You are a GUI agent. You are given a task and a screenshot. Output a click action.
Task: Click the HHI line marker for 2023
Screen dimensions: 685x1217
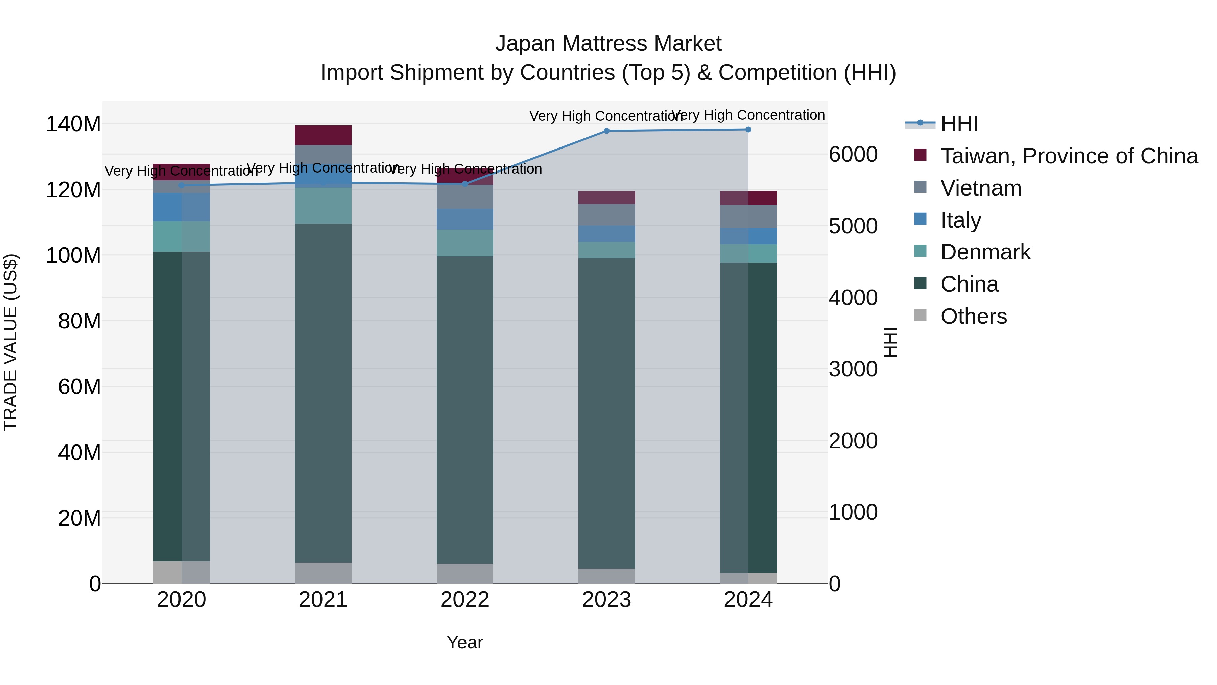tap(606, 131)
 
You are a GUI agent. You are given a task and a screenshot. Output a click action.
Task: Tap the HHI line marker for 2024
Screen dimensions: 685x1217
tap(748, 130)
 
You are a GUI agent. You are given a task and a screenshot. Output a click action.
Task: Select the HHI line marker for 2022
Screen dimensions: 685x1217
tap(465, 184)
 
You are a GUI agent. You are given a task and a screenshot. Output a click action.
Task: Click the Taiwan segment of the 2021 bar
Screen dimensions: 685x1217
tap(323, 135)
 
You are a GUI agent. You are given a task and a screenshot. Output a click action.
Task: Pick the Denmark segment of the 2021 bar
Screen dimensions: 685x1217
tap(323, 206)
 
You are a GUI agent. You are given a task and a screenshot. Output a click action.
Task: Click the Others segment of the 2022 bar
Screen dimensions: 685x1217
tap(465, 573)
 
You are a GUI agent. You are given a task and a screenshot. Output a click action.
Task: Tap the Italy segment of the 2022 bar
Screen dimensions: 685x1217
tap(465, 219)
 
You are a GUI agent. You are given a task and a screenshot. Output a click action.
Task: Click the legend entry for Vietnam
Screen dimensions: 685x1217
tap(980, 188)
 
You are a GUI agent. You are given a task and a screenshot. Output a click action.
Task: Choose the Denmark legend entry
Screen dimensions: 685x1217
tap(985, 252)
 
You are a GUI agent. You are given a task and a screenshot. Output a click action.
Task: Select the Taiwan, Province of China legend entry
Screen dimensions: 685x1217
tap(1069, 156)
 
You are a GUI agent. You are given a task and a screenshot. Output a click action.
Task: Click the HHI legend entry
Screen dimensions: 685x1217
tap(959, 124)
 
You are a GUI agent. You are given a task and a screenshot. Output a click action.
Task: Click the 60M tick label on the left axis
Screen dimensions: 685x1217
tap(79, 387)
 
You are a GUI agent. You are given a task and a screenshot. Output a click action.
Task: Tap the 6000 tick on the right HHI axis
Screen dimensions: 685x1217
tap(853, 155)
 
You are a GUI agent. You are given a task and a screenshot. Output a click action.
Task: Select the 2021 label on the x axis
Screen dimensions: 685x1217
tap(323, 600)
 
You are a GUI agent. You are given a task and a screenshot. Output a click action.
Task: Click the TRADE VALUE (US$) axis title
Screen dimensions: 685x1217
tap(10, 342)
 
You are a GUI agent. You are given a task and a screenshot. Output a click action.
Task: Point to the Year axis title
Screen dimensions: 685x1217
tap(465, 642)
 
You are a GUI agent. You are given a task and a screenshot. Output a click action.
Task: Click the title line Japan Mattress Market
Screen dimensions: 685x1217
tap(608, 44)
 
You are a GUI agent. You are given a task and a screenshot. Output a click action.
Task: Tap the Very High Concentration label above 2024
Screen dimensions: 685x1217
tap(748, 115)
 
